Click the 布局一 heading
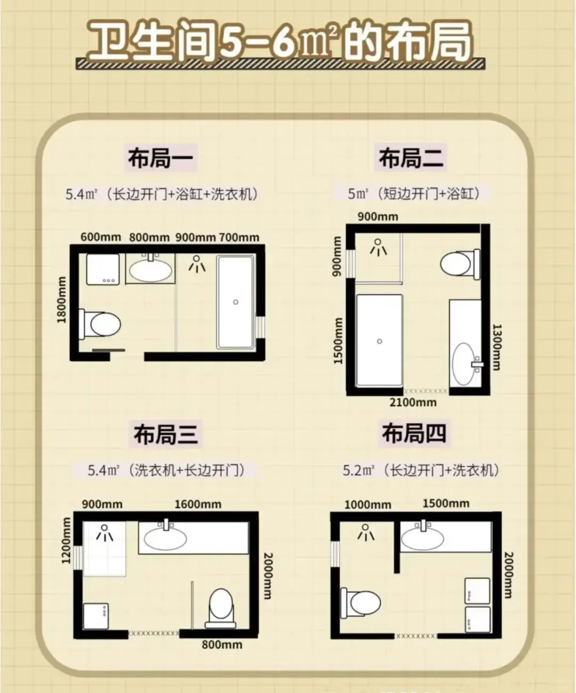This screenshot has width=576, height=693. click(x=161, y=157)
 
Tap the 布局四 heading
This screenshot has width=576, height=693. click(x=414, y=433)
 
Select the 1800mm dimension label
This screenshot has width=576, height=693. click(x=62, y=300)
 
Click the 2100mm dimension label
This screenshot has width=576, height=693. click(x=413, y=403)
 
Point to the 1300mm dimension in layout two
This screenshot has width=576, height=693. click(x=497, y=347)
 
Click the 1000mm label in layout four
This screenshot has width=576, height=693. click(x=368, y=505)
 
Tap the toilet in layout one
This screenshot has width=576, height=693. click(x=100, y=324)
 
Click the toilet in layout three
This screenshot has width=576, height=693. click(x=220, y=608)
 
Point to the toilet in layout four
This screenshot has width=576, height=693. click(x=361, y=603)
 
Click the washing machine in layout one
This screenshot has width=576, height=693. click(x=103, y=269)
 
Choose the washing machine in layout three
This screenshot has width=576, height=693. click(x=96, y=616)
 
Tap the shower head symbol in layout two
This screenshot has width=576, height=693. click(x=378, y=247)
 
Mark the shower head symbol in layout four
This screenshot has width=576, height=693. click(x=366, y=532)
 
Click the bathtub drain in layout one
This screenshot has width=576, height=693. click(x=235, y=302)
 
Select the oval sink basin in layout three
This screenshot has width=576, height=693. click(x=165, y=539)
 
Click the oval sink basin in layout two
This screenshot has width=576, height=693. click(x=463, y=364)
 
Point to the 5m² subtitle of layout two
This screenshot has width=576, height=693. click(x=413, y=193)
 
